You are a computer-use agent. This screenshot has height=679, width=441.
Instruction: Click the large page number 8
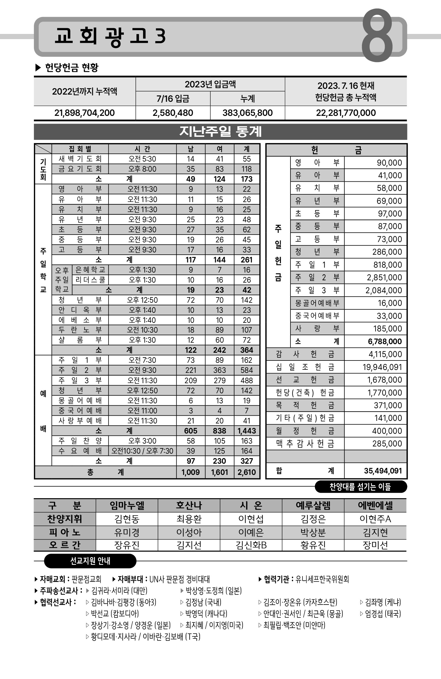pyautogui.click(x=377, y=36)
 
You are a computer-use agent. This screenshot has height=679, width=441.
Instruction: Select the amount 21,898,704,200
pyautogui.click(x=84, y=113)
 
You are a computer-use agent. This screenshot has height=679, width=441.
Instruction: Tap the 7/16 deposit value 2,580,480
pyautogui.click(x=173, y=113)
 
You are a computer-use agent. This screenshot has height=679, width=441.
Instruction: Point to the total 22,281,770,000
pyautogui.click(x=346, y=113)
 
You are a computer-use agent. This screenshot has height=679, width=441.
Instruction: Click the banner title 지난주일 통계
pyautogui.click(x=220, y=132)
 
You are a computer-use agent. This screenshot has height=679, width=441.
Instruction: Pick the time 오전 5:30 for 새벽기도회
pyautogui.click(x=142, y=159)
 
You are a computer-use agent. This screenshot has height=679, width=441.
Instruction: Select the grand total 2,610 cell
pyautogui.click(x=247, y=472)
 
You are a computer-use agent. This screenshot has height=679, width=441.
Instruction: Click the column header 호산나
pyautogui.click(x=189, y=505)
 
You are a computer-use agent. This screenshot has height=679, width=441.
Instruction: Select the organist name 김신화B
pyautogui.click(x=251, y=545)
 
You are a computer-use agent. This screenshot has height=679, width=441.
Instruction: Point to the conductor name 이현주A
pyautogui.click(x=375, y=519)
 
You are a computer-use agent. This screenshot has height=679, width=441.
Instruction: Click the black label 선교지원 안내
pyautogui.click(x=90, y=561)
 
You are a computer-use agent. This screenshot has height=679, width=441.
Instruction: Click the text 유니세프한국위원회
pyautogui.click(x=322, y=579)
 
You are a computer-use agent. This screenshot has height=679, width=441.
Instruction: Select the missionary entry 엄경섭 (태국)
pyautogui.click(x=383, y=614)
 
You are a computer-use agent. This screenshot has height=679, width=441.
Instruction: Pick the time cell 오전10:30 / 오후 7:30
pyautogui.click(x=142, y=451)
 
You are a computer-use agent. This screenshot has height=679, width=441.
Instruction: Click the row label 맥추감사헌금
pyautogui.click(x=305, y=444)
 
